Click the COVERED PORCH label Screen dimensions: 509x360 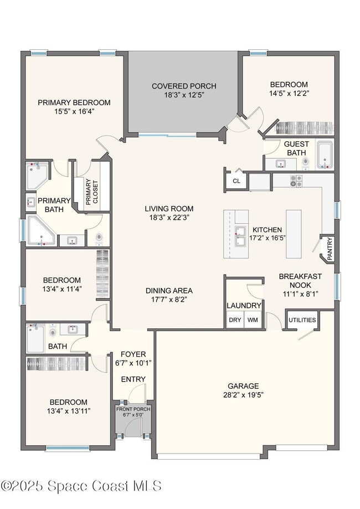tap(184, 86)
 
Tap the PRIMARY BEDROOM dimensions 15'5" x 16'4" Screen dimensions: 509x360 tap(74, 111)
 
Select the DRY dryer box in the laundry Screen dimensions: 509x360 tap(234, 320)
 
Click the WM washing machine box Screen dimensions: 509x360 tap(253, 320)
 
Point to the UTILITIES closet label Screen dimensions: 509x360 tap(302, 320)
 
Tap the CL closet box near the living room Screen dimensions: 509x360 tap(236, 181)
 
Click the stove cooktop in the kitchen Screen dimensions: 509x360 tap(296, 180)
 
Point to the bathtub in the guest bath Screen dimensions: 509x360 tap(325, 155)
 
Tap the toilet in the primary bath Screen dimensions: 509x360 tap(99, 238)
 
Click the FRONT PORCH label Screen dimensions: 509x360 tap(133, 409)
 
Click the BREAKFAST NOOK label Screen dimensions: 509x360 tap(301, 280)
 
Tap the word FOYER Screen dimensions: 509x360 tap(133, 354)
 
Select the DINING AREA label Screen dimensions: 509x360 tap(169, 290)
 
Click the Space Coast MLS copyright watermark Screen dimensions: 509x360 tap(81, 486)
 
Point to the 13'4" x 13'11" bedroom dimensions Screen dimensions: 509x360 tap(68, 411)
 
